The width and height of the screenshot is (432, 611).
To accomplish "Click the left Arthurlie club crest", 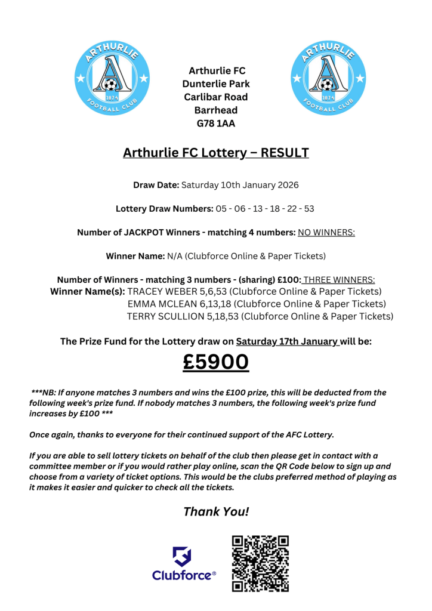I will point(111,79).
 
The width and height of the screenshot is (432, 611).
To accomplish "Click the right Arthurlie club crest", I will point(327,79).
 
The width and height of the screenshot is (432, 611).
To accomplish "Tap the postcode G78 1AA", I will point(216,124).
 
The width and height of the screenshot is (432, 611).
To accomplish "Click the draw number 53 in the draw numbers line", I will point(308,209).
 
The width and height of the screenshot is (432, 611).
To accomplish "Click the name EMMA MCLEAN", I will point(158,304).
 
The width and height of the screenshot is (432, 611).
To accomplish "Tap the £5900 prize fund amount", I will point(216,362).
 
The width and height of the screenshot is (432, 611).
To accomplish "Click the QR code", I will point(260,563).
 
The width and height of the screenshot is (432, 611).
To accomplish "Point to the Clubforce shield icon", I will point(182,557).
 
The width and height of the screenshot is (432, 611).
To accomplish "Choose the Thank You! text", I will point(216,511).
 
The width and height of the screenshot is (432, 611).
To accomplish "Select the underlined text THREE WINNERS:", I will point(339,280).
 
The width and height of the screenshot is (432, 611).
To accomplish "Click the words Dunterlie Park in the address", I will point(216,84).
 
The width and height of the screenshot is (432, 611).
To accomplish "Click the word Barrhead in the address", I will point(216,110).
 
